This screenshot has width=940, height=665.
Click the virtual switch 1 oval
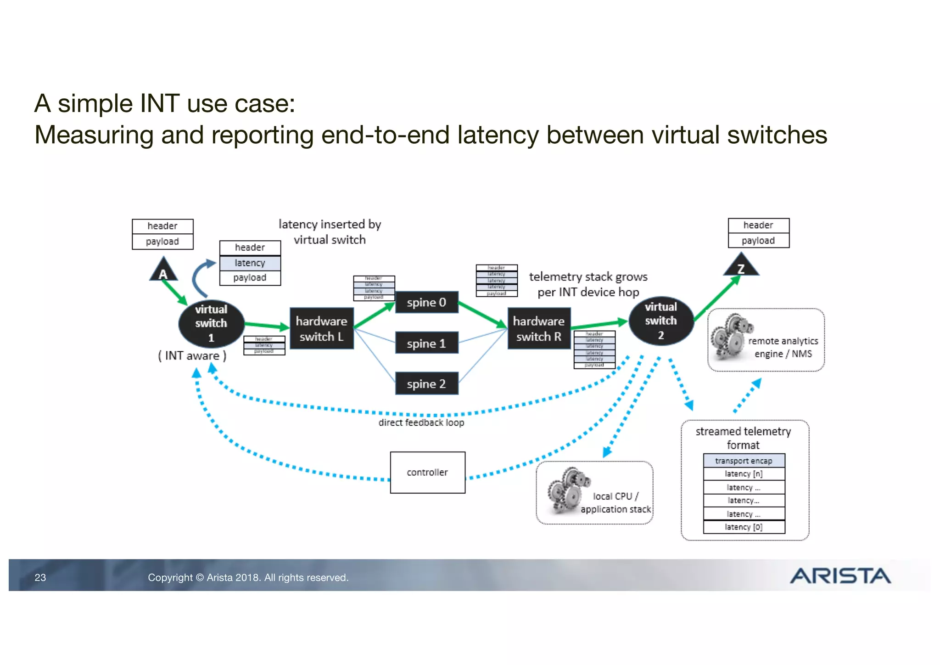[x=211, y=324]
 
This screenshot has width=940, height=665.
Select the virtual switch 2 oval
[x=661, y=321]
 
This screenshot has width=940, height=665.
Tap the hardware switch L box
[x=321, y=329]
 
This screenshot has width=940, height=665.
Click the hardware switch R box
[x=539, y=329]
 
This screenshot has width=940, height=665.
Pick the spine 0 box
[x=426, y=302]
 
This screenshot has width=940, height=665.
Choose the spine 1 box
[x=426, y=343]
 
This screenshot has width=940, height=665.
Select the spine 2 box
[x=426, y=383]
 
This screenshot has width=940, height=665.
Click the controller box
[x=427, y=472]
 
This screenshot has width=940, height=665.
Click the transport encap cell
[x=744, y=461]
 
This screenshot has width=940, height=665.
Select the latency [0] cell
[x=744, y=527]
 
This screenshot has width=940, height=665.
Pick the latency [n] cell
[x=744, y=474]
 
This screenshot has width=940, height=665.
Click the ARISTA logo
[x=840, y=576]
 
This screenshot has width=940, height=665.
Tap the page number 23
[x=40, y=578]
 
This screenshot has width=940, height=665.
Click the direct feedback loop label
[x=421, y=423]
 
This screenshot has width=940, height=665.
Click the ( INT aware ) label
[x=192, y=356]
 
